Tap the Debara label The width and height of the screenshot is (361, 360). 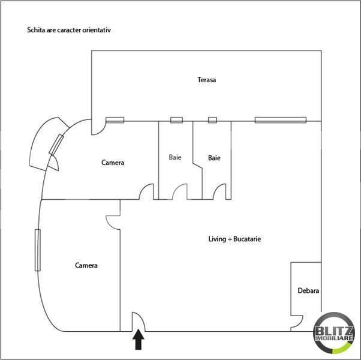click(308, 291)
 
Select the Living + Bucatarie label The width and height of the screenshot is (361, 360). click(234, 239)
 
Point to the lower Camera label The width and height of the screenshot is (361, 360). click(86, 265)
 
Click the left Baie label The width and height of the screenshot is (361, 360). click(175, 158)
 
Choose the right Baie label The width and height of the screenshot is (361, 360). click(214, 158)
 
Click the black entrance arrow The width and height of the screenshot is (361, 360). click(139, 341)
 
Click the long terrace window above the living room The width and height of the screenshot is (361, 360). click(281, 120)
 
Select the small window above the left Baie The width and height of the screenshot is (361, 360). click(176, 120)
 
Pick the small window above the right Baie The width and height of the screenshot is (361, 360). click(212, 120)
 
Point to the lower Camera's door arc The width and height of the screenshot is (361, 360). click(113, 221)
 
